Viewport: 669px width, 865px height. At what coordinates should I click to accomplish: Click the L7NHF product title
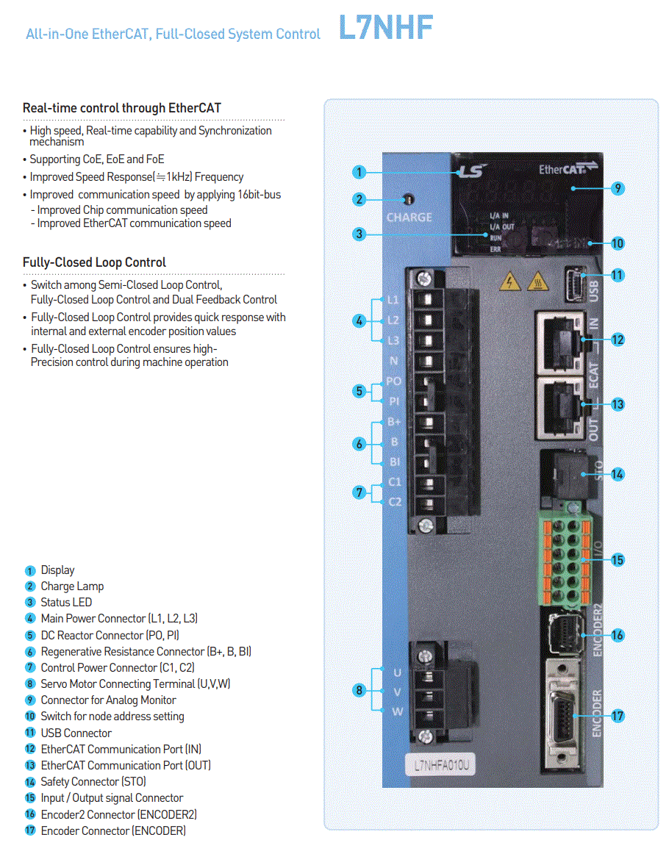point(386,28)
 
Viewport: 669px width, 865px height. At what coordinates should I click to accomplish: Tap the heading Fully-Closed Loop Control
point(94,262)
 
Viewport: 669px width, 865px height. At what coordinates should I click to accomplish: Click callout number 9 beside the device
point(618,189)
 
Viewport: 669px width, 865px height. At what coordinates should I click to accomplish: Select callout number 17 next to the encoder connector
point(617,716)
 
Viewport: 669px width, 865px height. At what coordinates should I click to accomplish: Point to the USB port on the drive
point(575,284)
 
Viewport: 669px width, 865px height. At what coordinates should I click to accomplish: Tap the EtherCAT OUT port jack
point(560,407)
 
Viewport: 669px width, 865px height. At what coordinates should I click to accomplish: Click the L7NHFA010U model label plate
point(440,765)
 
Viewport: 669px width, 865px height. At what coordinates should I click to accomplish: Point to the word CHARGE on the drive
point(409,218)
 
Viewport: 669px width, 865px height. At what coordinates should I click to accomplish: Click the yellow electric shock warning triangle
point(509,281)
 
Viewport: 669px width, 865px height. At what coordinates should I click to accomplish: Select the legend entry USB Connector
point(76,733)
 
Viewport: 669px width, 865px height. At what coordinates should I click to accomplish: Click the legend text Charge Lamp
point(72,586)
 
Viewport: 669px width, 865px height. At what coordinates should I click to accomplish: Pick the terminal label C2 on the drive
point(395,502)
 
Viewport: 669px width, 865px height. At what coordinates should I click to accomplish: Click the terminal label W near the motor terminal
point(398,711)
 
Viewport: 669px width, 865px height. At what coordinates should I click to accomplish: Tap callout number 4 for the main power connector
point(359,320)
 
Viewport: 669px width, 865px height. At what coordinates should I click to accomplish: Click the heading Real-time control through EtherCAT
point(122,108)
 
